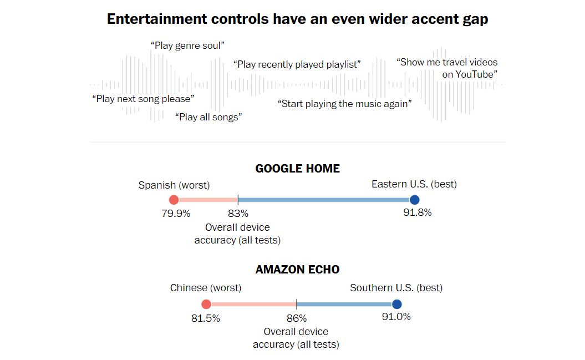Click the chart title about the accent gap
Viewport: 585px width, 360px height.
297,19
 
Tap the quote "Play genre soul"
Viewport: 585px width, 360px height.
187,45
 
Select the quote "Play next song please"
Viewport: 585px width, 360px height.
143,99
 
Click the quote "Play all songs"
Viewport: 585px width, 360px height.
208,116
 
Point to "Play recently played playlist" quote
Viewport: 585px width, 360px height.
297,64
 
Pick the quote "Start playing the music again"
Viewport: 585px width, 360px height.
344,103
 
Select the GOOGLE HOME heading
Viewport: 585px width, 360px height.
297,168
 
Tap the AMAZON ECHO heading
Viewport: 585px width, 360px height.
297,270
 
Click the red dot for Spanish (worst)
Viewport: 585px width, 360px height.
174,200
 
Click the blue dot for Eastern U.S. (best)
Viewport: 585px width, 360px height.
414,200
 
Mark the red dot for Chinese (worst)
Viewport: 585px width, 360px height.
206,304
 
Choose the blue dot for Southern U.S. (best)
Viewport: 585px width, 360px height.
396,304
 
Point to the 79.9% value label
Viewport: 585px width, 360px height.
176,213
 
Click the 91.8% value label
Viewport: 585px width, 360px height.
417,212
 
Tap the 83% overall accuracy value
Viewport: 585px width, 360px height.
238,213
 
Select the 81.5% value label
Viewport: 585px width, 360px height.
206,318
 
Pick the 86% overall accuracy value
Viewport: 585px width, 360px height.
297,318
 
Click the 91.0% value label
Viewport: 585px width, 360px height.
396,317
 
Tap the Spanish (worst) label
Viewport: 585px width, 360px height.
174,185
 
